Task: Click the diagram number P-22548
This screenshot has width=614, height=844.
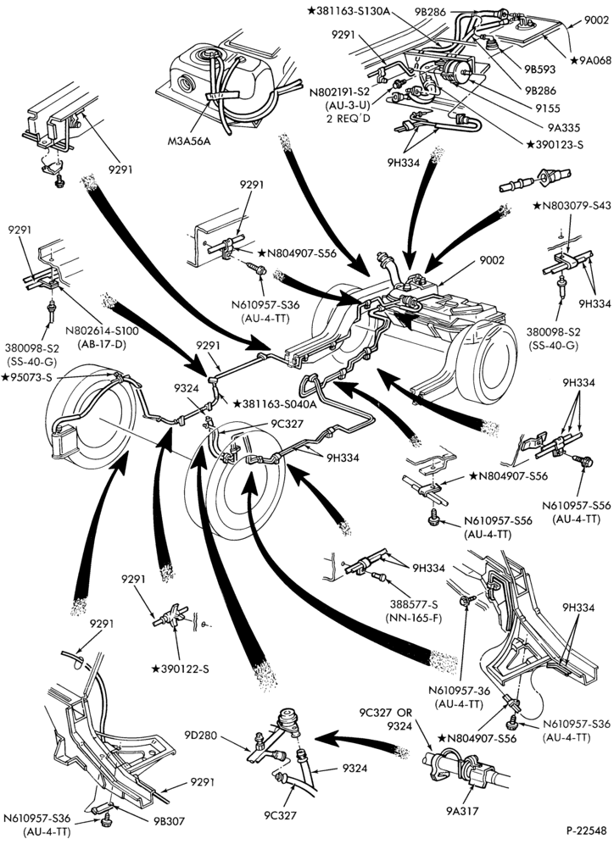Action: coord(586,830)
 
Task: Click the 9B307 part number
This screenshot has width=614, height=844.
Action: coord(168,821)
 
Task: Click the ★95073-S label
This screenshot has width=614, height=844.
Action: coord(27,377)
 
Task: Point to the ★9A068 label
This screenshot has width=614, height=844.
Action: coord(591,60)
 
